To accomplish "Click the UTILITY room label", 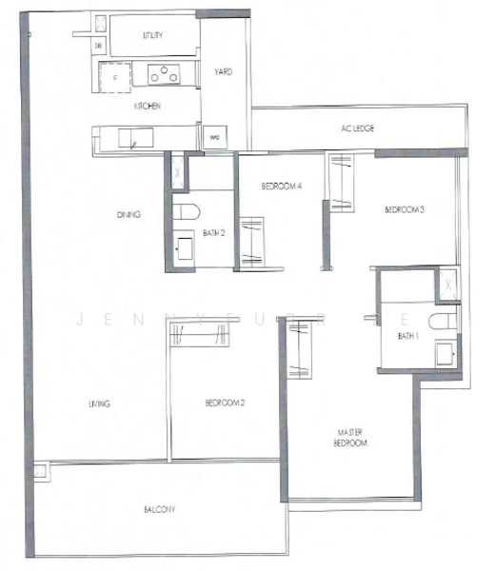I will pos(153,35).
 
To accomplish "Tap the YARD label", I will pos(224,71).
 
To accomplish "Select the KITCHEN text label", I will pos(147,106).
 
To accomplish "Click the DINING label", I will pos(129,215).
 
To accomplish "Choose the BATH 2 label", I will pos(213,231).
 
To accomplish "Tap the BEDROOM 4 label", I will pos(283,187).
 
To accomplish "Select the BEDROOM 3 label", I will pos(404,209).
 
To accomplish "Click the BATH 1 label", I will pos(408,333).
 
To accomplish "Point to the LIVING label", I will pos(100,404).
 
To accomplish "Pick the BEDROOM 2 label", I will pos(226,404).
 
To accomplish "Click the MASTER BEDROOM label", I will pos(349,437).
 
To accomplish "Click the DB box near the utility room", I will pos(99,46).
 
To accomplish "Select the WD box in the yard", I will pos(215,139).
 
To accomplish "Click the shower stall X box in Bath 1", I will pos(446,282).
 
